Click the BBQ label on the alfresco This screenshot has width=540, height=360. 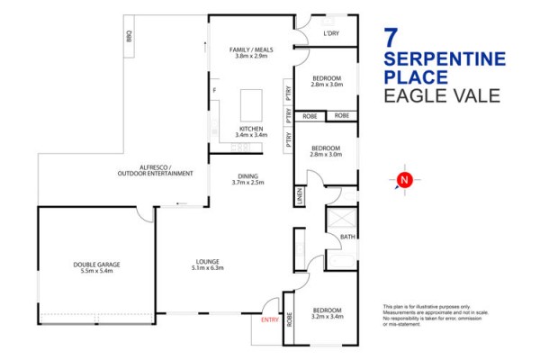tap(129, 36)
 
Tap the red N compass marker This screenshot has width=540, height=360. tap(404, 180)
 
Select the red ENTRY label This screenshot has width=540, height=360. tap(270, 320)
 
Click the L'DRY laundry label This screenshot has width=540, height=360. tap(331, 33)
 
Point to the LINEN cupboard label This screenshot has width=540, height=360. tap(300, 196)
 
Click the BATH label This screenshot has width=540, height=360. tap(347, 237)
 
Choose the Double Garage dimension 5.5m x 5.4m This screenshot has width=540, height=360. tap(96, 271)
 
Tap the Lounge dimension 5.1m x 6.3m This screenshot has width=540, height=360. tap(208, 267)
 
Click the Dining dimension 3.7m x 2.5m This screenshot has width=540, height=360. tap(248, 183)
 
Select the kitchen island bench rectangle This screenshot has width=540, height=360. tap(251, 105)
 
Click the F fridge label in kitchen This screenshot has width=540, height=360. tap(214, 91)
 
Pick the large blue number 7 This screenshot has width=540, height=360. tap(391, 38)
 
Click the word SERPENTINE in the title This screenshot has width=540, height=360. tap(445, 58)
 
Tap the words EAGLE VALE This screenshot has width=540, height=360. tap(442, 95)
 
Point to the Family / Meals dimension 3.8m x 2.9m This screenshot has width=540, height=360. tap(251, 56)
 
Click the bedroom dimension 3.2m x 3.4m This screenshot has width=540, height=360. tap(328, 316)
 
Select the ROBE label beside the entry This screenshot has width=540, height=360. tap(289, 319)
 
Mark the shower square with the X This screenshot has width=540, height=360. tap(342, 218)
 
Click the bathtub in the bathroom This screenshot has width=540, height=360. tap(341, 262)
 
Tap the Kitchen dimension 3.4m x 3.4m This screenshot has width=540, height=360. tap(251, 135)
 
